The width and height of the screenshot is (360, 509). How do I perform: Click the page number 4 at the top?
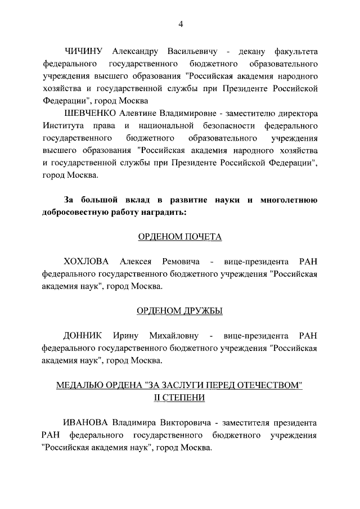tap(180, 24)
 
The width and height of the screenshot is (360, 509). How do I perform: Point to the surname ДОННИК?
tap(83, 336)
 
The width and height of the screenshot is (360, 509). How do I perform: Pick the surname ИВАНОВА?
tap(86, 423)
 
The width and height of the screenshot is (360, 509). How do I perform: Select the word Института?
tap(64, 125)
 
